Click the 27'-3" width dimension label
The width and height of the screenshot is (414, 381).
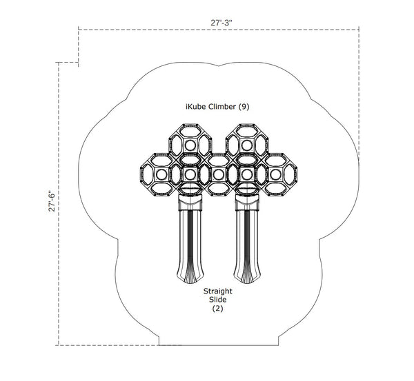coord(221,23)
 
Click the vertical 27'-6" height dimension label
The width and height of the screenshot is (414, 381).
coord(52,201)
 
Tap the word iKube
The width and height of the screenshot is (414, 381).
coord(196,107)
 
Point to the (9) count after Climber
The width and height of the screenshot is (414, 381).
coord(244,107)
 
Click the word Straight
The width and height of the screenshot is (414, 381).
coord(217,291)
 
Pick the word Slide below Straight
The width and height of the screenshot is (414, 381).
coord(217,300)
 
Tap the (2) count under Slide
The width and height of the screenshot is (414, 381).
coord(217,308)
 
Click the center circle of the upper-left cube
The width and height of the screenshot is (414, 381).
coord(190,145)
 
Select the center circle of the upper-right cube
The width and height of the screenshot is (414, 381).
coord(247,145)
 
